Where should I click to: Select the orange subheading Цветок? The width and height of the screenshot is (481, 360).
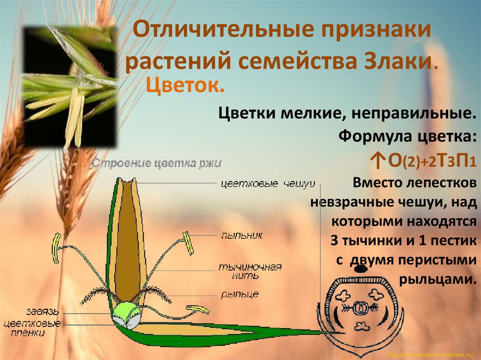pyautogui.click(x=185, y=86)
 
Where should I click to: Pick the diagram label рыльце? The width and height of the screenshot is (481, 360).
pyautogui.click(x=239, y=295)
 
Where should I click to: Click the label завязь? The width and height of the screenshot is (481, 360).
pyautogui.click(x=43, y=311)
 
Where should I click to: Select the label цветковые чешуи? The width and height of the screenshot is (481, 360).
pyautogui.click(x=267, y=183)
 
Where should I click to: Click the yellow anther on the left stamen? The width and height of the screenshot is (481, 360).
pyautogui.click(x=56, y=248)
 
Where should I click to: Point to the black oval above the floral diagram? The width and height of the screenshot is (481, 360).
pyautogui.click(x=360, y=269)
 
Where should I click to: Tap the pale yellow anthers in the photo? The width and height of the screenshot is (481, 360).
pyautogui.click(x=74, y=117)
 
